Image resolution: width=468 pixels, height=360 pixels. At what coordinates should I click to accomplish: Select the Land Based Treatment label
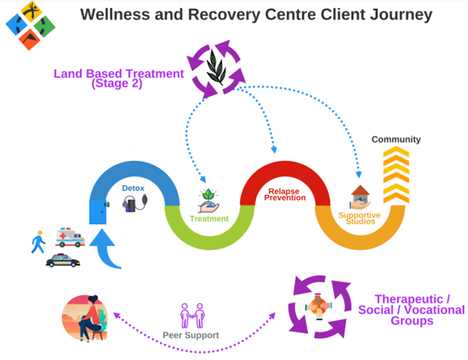pyautogui.click(x=119, y=78)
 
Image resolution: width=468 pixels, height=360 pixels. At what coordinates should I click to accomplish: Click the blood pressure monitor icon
pyautogui.click(x=134, y=204)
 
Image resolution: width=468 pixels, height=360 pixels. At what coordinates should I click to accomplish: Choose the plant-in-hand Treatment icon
pyautogui.click(x=210, y=201)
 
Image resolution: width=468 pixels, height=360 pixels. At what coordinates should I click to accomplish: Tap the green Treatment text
pyautogui.click(x=210, y=219)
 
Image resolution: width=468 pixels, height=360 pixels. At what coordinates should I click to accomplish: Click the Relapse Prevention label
pyautogui.click(x=284, y=194)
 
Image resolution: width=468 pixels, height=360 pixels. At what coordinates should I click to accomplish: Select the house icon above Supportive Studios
pyautogui.click(x=360, y=196)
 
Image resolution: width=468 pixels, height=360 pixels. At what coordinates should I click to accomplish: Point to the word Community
pyautogui.click(x=396, y=140)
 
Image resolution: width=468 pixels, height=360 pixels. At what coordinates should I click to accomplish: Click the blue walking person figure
pyautogui.click(x=38, y=242)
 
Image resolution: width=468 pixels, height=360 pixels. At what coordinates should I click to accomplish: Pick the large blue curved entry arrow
pyautogui.click(x=109, y=251)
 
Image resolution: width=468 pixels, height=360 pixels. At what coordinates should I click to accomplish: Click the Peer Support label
pyautogui.click(x=190, y=335)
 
